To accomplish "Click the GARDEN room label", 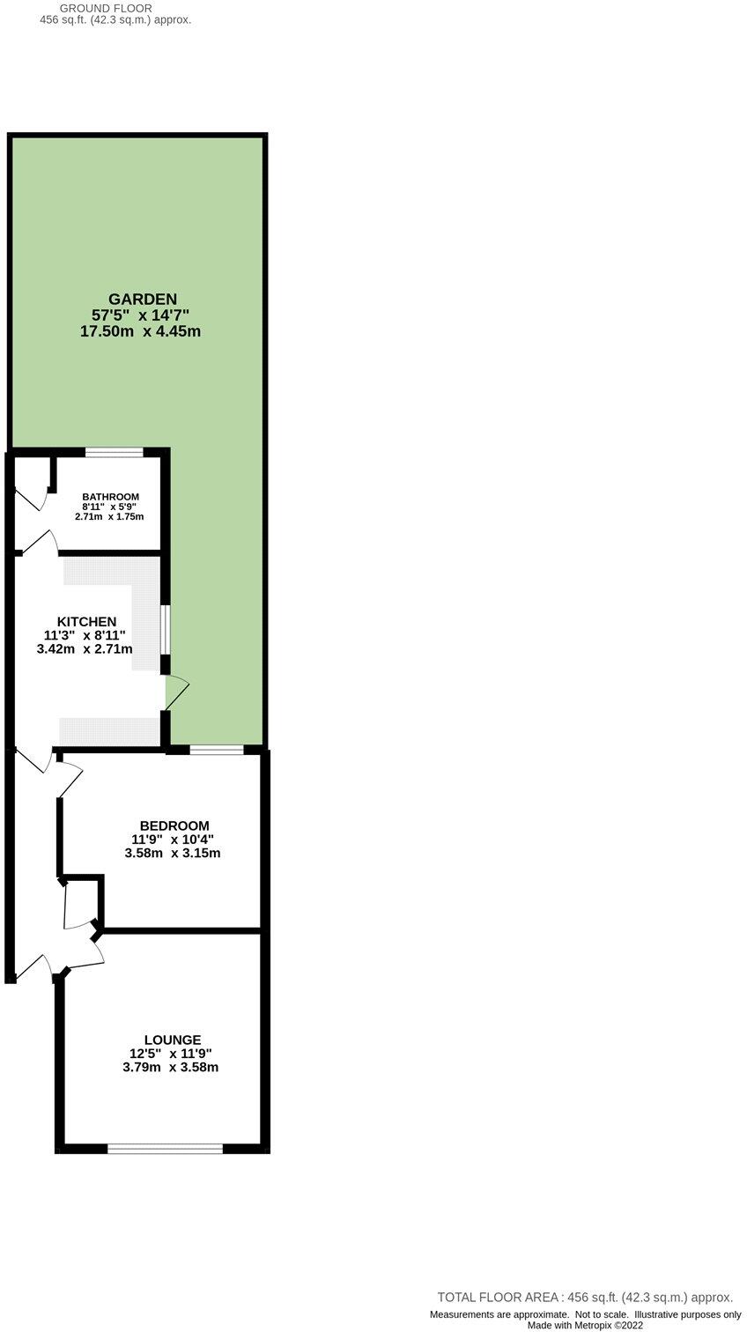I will [142, 299].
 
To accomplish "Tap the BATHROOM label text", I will [110, 497].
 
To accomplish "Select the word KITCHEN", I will [86, 622].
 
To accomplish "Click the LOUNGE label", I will [173, 1040].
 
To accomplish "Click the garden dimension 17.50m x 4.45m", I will [141, 332].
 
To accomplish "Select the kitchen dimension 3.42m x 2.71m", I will [85, 649].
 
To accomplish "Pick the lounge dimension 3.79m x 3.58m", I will [171, 1067].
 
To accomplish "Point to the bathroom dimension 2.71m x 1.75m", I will [109, 516].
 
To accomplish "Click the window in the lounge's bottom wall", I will [165, 1148].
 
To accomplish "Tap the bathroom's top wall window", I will [115, 453].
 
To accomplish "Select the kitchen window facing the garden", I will [165, 629].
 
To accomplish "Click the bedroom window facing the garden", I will [217, 751].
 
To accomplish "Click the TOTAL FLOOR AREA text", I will [585, 1297].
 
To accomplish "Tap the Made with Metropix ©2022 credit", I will [586, 1325].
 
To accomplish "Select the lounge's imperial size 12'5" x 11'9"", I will [171, 1054].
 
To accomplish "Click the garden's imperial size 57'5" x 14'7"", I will [141, 315].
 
